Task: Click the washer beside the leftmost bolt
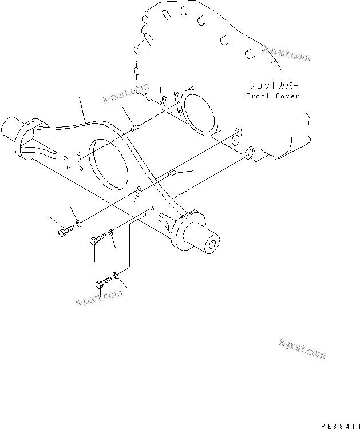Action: [x=78, y=221]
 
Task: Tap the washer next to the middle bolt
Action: [x=112, y=232]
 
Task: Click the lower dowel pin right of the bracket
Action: [x=172, y=174]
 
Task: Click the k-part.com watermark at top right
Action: [x=287, y=55]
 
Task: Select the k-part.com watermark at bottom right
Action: [x=303, y=348]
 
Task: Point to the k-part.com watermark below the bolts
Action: [x=98, y=298]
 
